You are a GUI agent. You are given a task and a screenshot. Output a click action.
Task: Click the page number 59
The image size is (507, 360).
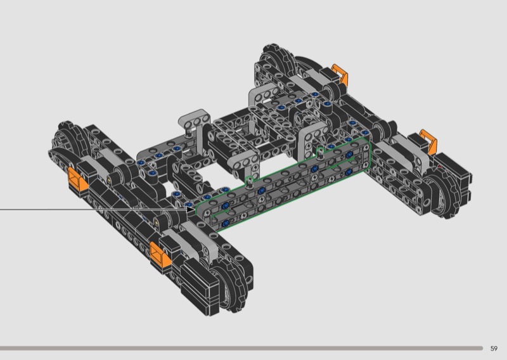(494, 349)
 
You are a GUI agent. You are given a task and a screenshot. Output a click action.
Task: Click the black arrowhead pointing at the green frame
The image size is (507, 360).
(191, 210)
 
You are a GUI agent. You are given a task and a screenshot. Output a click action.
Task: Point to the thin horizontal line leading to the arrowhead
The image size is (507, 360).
(93, 210)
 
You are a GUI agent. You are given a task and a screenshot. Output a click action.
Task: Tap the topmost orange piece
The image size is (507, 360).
(340, 75)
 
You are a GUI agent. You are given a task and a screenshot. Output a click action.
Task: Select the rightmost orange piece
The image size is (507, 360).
(428, 141)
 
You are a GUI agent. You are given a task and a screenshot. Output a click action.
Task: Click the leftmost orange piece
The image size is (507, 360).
(77, 179)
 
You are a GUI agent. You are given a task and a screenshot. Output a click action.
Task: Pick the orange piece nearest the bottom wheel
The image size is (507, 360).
(161, 254)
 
